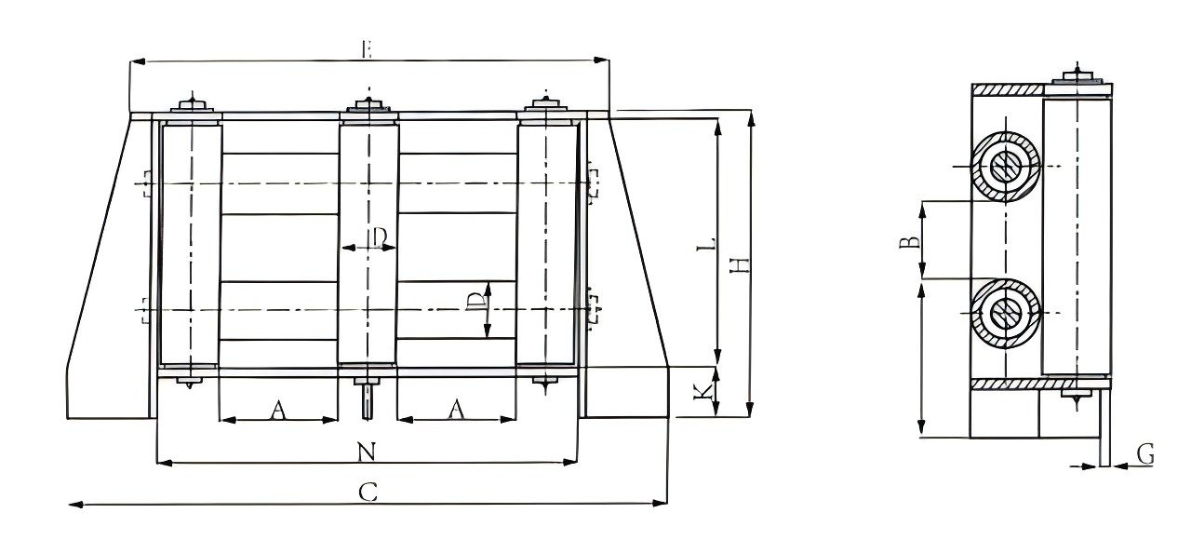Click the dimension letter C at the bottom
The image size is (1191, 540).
[368, 493]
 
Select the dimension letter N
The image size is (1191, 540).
[367, 452]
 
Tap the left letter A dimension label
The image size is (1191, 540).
[277, 410]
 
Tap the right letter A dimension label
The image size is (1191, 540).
[456, 410]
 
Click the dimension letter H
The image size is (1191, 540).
[740, 264]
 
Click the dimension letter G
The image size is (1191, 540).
[1145, 455]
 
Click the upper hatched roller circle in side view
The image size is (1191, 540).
[1005, 168]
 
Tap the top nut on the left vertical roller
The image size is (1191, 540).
[192, 105]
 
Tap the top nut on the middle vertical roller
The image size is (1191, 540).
[370, 105]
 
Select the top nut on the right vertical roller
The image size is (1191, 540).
[547, 105]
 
